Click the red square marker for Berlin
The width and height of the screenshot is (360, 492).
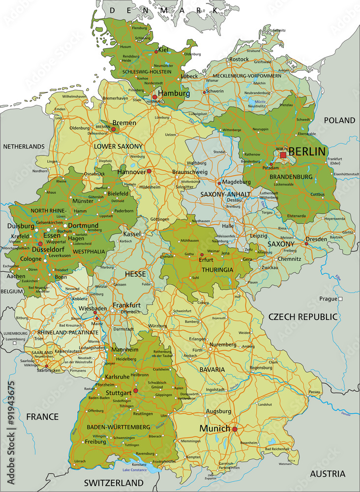click(x=283, y=155)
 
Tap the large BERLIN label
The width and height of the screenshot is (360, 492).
click(x=307, y=152)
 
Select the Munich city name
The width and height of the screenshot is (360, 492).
click(x=214, y=429)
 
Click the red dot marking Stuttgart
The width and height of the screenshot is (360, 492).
click(x=136, y=391)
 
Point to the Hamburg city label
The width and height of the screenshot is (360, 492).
click(x=174, y=93)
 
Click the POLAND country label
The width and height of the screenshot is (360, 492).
click(x=339, y=120)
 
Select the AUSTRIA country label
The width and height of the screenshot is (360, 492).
click(x=327, y=474)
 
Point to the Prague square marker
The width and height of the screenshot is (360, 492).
click(x=340, y=299)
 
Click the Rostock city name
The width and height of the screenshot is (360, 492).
click(x=239, y=59)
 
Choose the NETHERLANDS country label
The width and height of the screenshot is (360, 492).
click(x=24, y=146)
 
